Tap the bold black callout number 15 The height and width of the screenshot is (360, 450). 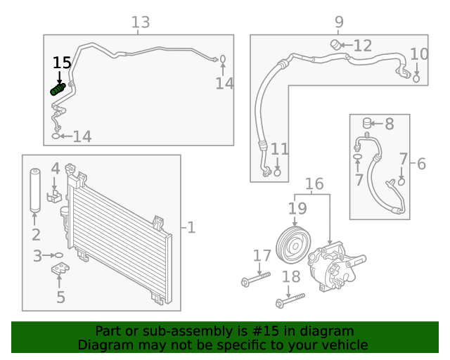tap(62, 63)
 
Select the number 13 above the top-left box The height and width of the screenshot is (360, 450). tap(141, 22)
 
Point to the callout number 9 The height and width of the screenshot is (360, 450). tap(339, 22)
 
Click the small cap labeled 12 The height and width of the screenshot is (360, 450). tap(335, 45)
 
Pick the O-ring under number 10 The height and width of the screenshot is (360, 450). tap(416, 79)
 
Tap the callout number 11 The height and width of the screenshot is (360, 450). tap(279, 148)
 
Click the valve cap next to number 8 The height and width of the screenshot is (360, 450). tap(366, 123)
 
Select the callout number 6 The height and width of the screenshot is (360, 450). tap(421, 164)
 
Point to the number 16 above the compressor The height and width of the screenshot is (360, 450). tap(314, 184)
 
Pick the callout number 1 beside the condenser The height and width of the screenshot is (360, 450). tap(191, 227)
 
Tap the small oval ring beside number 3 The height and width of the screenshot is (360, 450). tap(59, 256)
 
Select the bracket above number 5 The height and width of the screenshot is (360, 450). tap(60, 270)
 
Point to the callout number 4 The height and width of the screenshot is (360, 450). tap(55, 169)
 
